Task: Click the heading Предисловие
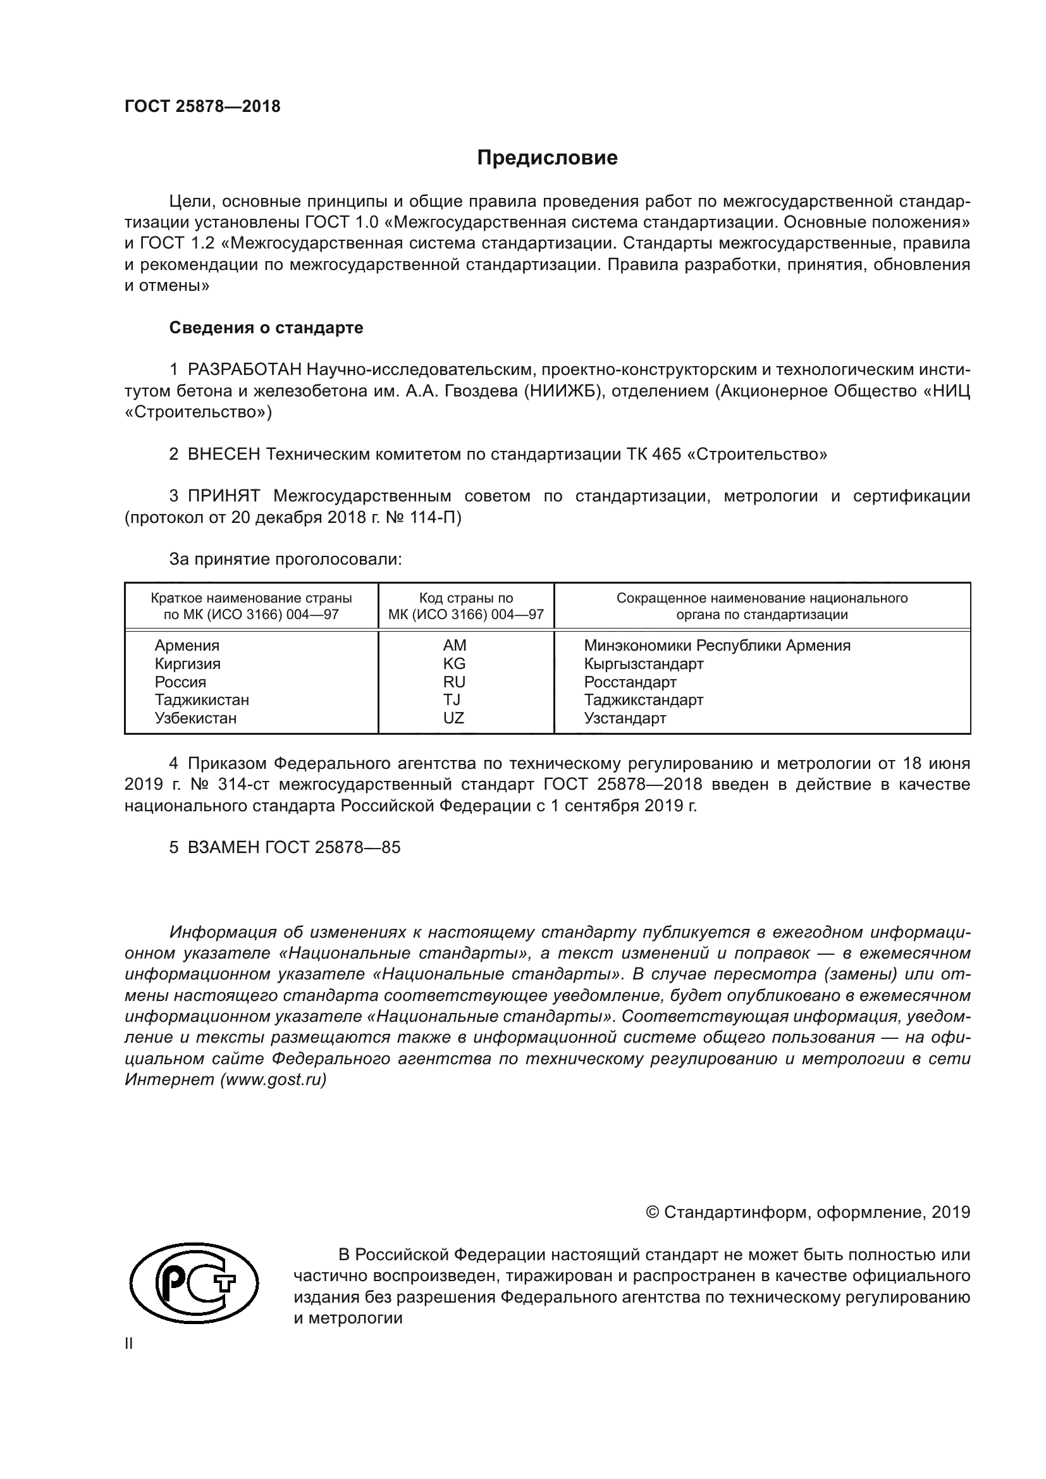click(x=547, y=158)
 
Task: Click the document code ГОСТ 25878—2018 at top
click(x=202, y=107)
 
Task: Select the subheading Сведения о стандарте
click(x=266, y=328)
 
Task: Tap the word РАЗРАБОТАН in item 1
click(x=244, y=370)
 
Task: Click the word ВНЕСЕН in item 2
click(x=223, y=454)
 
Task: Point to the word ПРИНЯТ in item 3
click(x=223, y=496)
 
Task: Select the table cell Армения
click(x=187, y=646)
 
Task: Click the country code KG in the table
click(x=454, y=663)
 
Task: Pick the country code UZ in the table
click(x=453, y=718)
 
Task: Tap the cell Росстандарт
click(x=630, y=682)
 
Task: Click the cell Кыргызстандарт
click(x=643, y=663)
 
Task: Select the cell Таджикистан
click(x=202, y=699)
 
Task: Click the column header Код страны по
click(x=465, y=598)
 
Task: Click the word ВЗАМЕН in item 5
click(x=223, y=847)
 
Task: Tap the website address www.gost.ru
click(x=273, y=1079)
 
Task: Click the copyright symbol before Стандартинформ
click(x=652, y=1212)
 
